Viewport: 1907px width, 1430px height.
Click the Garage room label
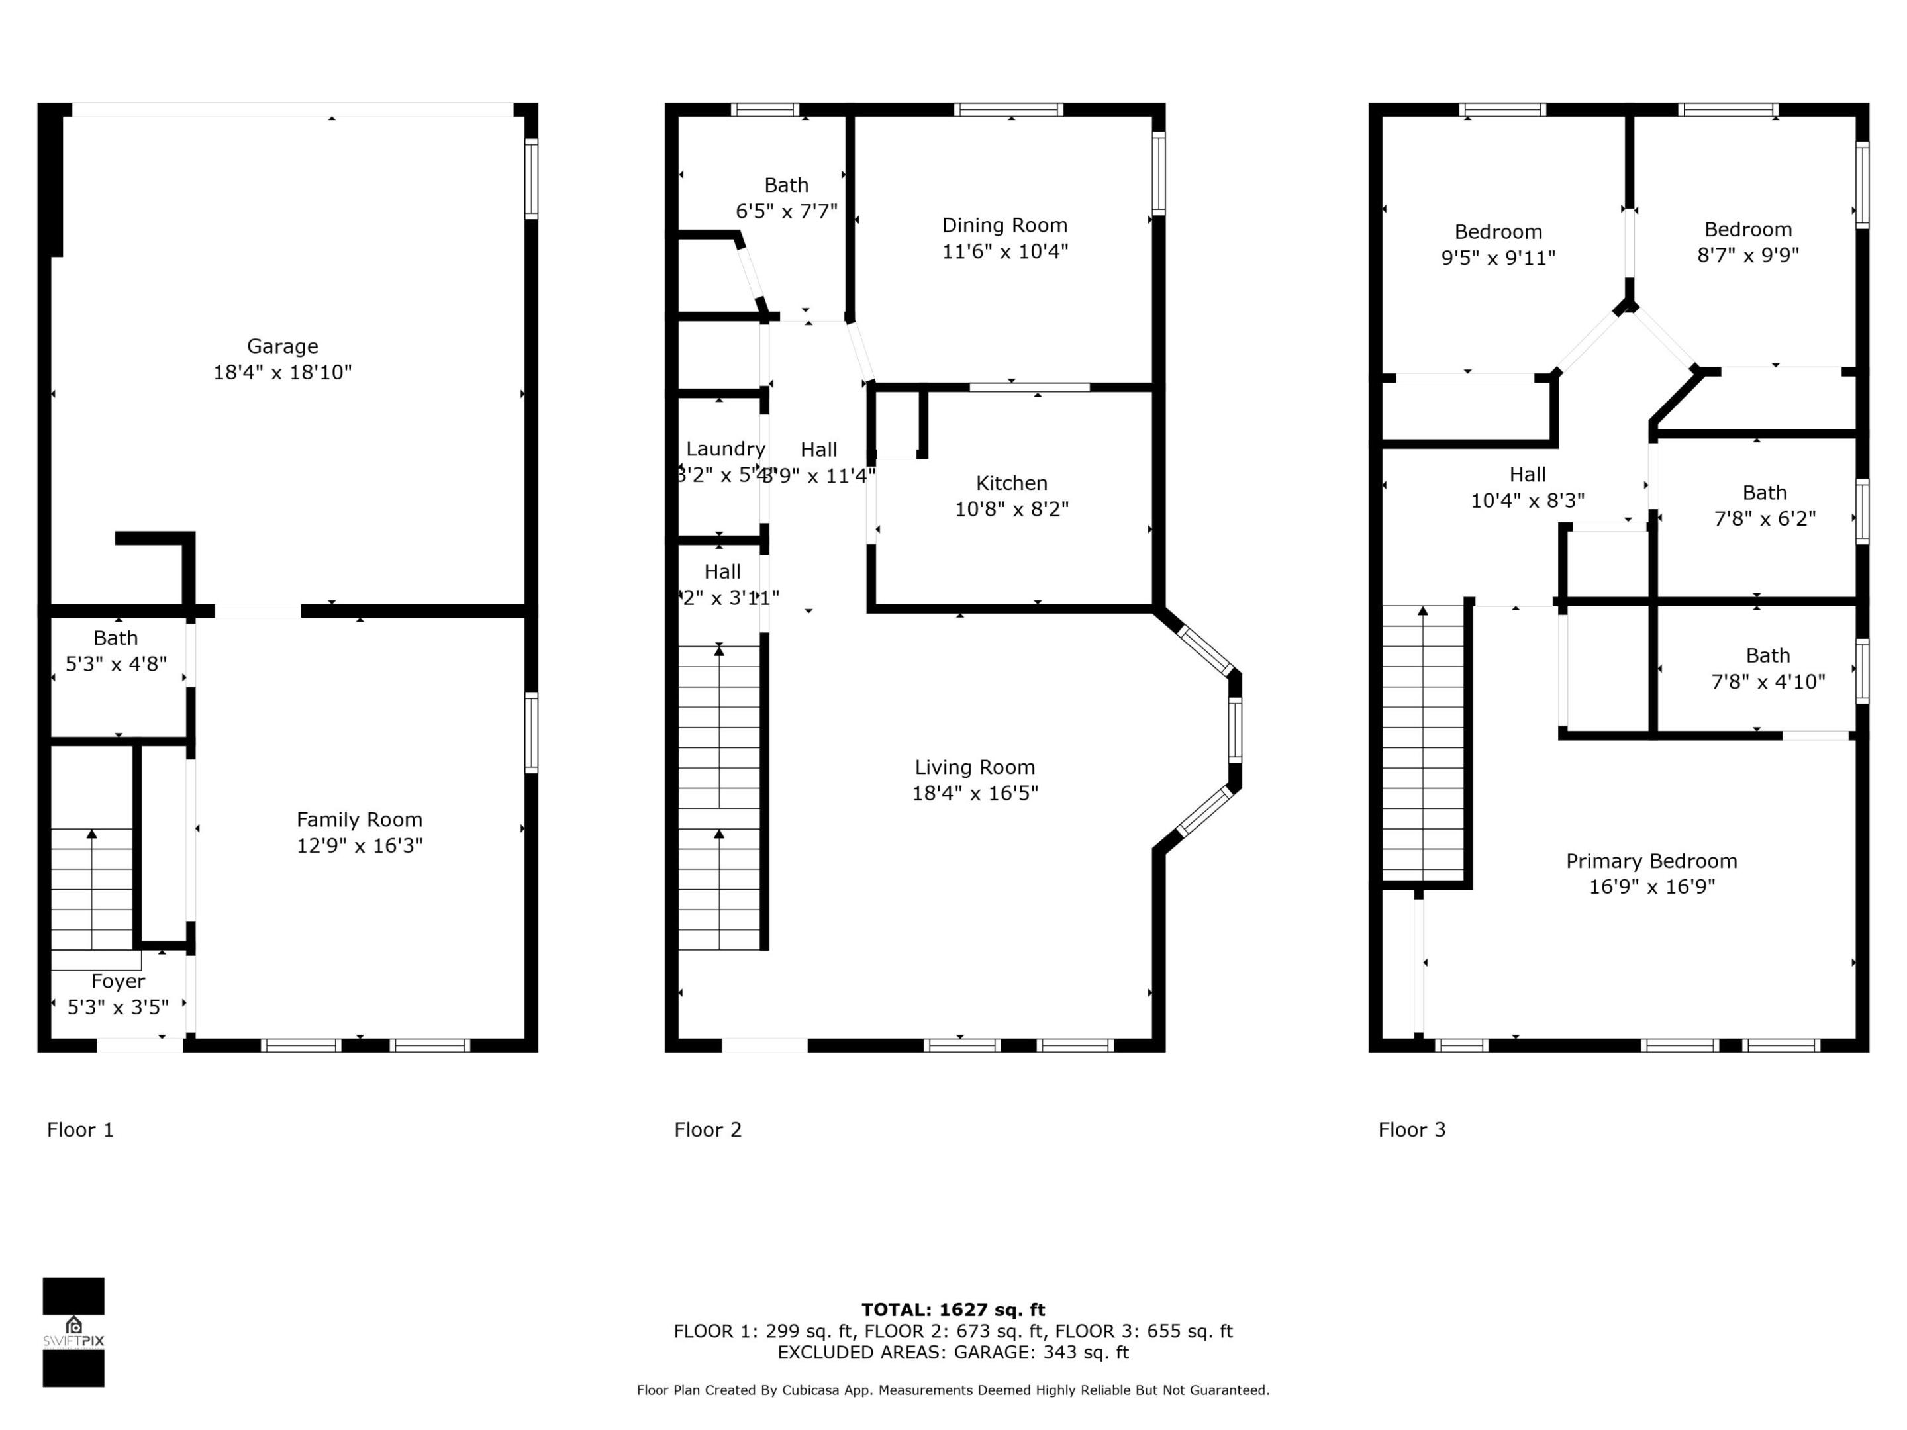[x=282, y=346]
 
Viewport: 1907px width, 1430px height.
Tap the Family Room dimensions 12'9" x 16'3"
[x=360, y=845]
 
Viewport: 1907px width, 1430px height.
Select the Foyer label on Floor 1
[x=118, y=981]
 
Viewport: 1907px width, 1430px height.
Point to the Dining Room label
[x=1004, y=226]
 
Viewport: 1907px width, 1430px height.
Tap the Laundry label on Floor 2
[x=725, y=449]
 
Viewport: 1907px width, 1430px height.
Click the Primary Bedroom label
[x=1651, y=861]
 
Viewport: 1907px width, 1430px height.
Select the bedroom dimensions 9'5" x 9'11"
[x=1498, y=258]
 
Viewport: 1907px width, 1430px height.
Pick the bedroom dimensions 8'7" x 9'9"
[x=1747, y=255]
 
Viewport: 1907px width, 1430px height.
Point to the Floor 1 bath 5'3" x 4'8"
[x=117, y=651]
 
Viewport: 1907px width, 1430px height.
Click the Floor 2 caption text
[x=708, y=1130]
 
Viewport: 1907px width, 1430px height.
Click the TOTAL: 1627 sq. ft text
[x=953, y=1310]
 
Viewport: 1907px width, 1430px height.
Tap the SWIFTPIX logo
[x=73, y=1332]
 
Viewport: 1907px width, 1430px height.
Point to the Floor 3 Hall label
[x=1527, y=475]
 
